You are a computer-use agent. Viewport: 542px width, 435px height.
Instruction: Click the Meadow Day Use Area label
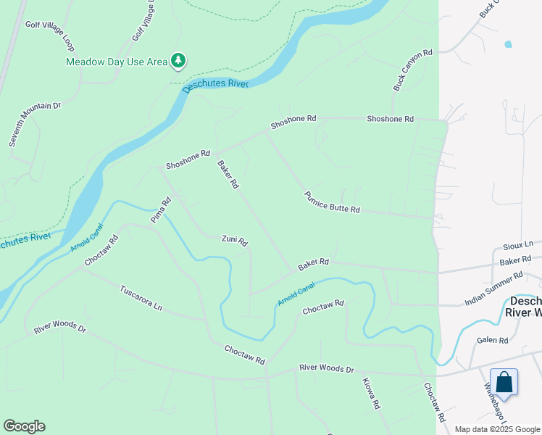[117, 62]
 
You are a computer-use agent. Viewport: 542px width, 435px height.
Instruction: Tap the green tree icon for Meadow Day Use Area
[178, 60]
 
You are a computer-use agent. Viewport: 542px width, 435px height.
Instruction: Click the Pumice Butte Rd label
[332, 202]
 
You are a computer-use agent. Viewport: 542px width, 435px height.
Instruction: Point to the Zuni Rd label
[235, 240]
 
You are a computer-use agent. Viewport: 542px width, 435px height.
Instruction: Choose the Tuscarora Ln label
[141, 297]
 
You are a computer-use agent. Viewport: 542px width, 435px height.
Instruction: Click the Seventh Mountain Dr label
[35, 125]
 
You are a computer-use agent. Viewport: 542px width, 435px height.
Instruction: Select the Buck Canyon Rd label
[412, 70]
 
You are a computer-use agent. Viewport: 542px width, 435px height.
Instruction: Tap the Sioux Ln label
[518, 245]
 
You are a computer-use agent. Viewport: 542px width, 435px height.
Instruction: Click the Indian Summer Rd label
[493, 289]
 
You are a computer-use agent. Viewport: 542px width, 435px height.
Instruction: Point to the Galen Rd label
[493, 340]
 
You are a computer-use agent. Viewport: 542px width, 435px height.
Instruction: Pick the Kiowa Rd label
[370, 394]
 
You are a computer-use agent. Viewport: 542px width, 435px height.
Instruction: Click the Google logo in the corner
[24, 426]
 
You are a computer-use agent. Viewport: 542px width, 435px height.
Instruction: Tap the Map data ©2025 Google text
[496, 429]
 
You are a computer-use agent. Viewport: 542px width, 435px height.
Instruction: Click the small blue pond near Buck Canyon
[507, 44]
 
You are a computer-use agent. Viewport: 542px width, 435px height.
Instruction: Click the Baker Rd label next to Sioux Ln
[520, 260]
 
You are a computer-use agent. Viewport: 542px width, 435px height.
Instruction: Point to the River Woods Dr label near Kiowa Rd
[326, 369]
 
